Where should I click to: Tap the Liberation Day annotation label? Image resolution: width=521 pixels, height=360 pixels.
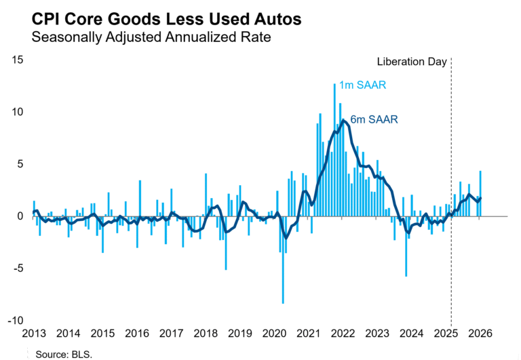pos(412,62)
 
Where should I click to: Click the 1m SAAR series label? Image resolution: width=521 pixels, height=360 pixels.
pos(362,85)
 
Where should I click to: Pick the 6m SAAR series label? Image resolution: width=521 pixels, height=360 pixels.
pos(373,119)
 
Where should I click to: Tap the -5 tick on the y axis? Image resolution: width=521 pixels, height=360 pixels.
pos(18,268)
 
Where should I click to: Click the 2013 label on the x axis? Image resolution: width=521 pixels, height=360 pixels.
pos(34,334)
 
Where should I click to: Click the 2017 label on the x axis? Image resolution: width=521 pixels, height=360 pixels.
pos(172,334)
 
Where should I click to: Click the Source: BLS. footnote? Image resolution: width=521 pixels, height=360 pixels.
pos(64,354)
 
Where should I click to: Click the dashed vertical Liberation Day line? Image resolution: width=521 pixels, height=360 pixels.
pos(451,190)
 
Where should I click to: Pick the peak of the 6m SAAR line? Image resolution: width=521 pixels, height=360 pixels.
pos(344,121)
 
